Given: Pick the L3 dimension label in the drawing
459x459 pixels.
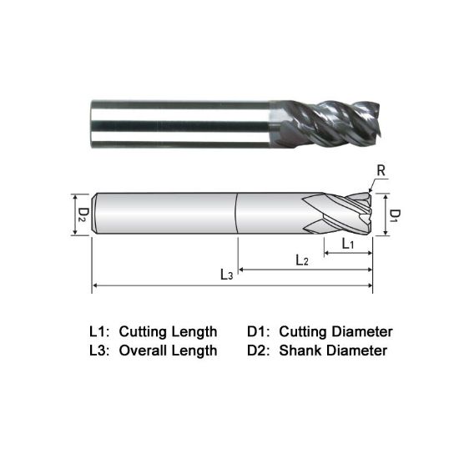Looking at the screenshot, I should [226, 275].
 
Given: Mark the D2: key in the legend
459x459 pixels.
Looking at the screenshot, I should [260, 351].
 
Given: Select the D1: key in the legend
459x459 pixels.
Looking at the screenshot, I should [260, 331].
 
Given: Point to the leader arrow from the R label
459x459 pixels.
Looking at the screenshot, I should [373, 185].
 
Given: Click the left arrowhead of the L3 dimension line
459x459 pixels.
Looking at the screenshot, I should [95, 286].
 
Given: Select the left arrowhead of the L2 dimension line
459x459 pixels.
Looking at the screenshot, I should [243, 270].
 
